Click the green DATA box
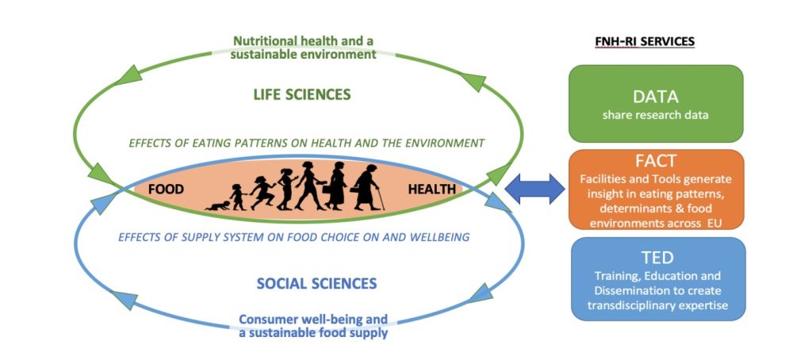656,103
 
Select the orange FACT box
656,189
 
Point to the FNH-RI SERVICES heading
654,40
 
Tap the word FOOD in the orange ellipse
167,190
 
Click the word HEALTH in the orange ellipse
431,189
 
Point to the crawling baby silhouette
216,205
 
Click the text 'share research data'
656,115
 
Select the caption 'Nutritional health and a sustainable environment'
304,48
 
